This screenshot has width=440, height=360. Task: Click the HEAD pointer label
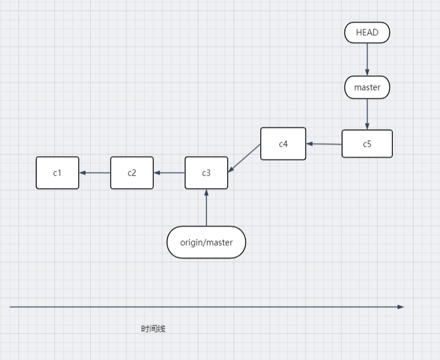click(x=367, y=32)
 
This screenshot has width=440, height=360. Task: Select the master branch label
click(x=367, y=88)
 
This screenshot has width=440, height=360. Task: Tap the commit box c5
click(x=367, y=144)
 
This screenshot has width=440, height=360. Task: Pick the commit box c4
click(x=283, y=144)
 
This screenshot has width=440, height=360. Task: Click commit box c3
click(x=206, y=173)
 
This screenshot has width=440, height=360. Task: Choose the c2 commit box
click(x=132, y=173)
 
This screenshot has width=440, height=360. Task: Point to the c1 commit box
click(x=57, y=173)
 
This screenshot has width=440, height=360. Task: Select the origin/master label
click(x=206, y=242)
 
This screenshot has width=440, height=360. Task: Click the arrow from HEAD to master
click(x=367, y=59)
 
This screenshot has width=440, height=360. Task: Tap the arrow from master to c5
click(x=367, y=113)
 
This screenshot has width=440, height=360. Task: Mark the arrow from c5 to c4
click(x=324, y=144)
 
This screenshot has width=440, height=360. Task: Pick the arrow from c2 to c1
click(x=94, y=173)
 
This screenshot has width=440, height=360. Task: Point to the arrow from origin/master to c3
click(x=206, y=207)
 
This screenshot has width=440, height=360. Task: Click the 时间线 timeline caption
click(x=153, y=329)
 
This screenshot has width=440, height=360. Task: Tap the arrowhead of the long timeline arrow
click(x=401, y=306)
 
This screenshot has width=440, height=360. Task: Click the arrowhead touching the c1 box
click(x=83, y=173)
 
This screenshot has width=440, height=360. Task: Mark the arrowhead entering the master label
click(x=367, y=72)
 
